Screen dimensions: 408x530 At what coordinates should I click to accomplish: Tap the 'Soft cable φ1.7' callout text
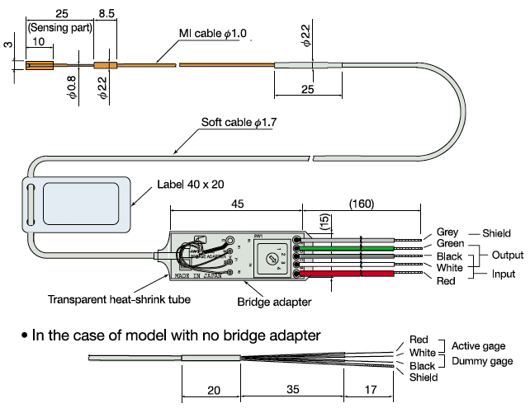click(240, 123)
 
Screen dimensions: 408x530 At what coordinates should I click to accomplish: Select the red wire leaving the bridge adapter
click(355, 274)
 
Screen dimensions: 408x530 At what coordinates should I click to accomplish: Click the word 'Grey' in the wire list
click(447, 232)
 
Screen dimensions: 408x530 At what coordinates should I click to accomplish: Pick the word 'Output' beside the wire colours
click(497, 255)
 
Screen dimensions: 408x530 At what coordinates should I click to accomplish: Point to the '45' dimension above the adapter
click(236, 201)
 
